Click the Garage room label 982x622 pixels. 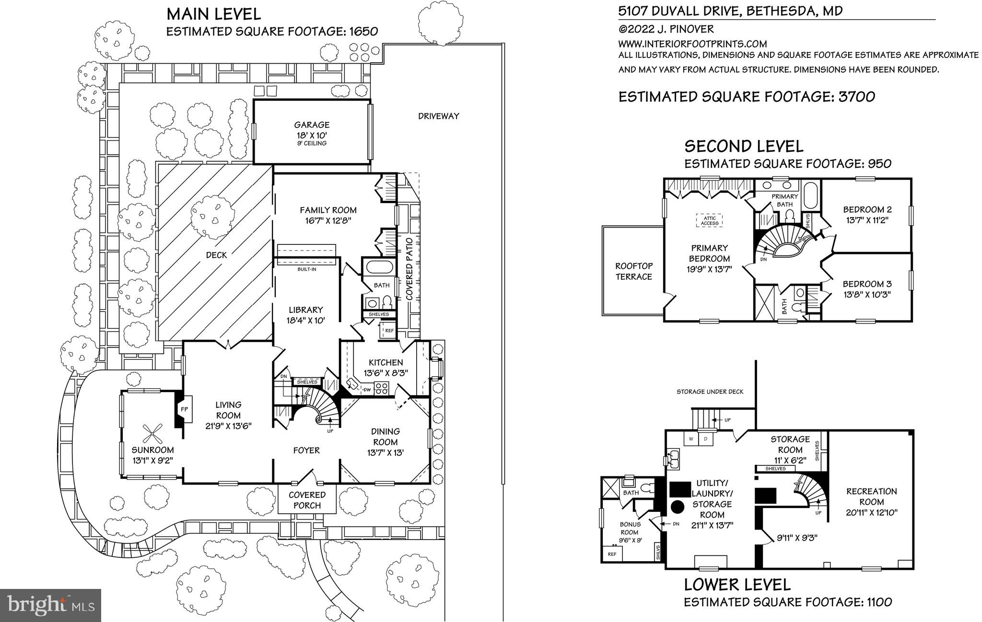(x=312, y=125)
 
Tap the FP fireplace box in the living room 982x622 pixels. (x=184, y=409)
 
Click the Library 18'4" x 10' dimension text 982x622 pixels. (x=305, y=320)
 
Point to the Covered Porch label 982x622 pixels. (x=307, y=500)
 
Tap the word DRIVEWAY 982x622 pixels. (x=438, y=116)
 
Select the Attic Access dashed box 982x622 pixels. (x=709, y=220)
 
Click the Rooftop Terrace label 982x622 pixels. (x=633, y=271)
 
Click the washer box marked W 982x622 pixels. (x=691, y=438)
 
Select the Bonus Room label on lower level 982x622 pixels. (x=630, y=528)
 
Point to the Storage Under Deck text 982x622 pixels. (x=710, y=392)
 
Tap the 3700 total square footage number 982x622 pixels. (x=856, y=97)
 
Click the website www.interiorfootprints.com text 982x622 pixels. (x=692, y=44)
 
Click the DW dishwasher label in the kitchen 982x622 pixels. (x=366, y=390)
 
